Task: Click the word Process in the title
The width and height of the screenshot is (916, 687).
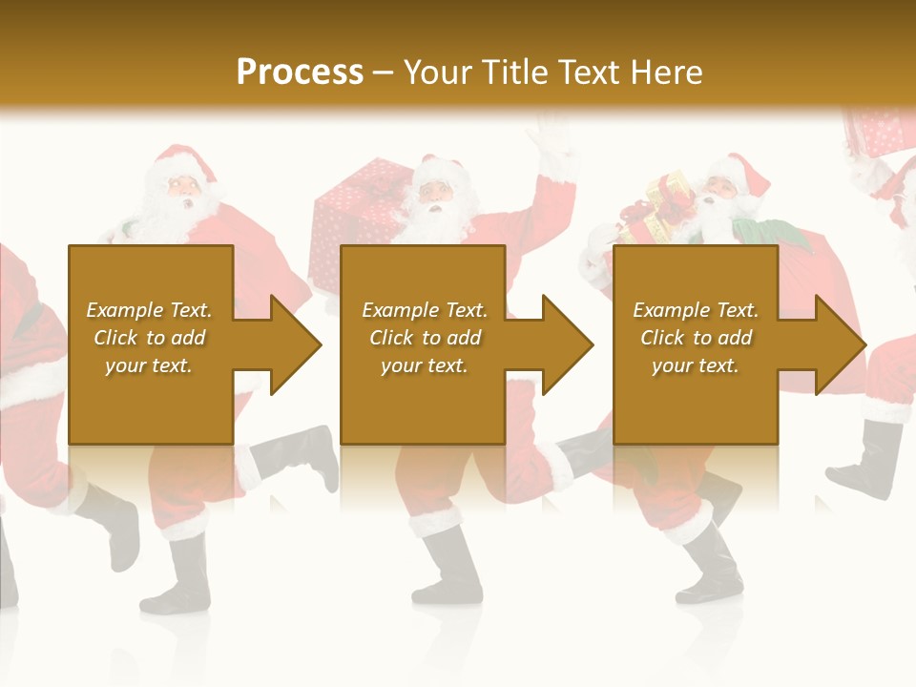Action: point(300,72)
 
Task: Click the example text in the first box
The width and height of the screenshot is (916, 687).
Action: point(150,338)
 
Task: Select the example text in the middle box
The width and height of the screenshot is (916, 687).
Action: point(425,338)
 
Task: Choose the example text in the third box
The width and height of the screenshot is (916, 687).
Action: point(696,338)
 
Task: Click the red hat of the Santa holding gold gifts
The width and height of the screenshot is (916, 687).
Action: point(749,172)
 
